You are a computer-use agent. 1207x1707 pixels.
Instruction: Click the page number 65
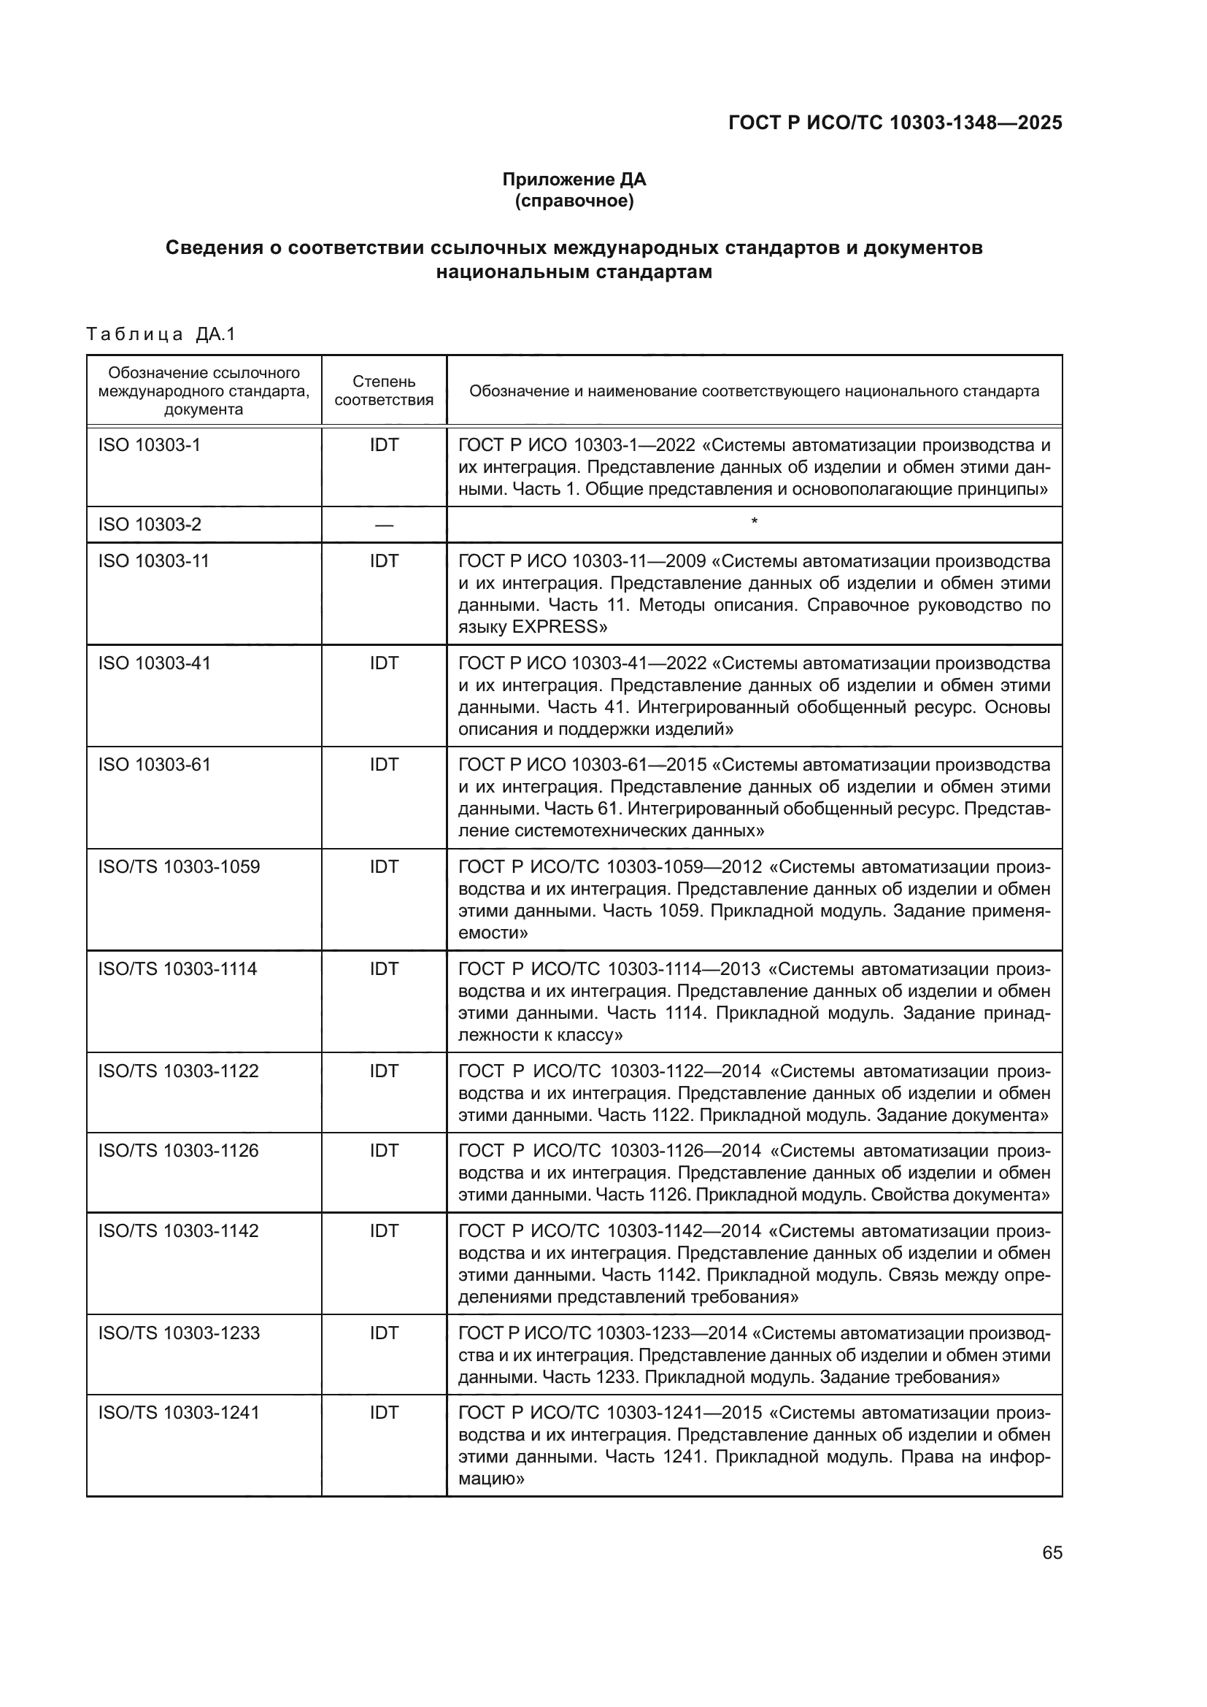click(x=1052, y=1553)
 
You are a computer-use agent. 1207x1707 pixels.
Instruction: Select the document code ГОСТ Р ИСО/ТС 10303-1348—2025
click(x=895, y=123)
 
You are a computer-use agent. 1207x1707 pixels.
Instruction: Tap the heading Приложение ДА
click(x=574, y=180)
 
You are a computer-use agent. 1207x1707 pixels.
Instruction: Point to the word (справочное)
click(x=574, y=201)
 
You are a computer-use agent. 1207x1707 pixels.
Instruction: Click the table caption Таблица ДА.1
click(x=161, y=334)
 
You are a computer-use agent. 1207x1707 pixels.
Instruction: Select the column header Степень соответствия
click(x=384, y=391)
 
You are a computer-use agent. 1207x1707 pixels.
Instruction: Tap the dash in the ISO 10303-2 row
click(x=384, y=525)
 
